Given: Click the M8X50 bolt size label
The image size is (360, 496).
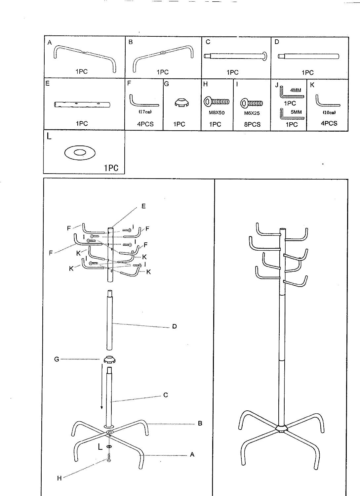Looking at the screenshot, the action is click(x=217, y=113).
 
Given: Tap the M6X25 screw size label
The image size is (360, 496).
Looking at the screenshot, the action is click(x=252, y=113).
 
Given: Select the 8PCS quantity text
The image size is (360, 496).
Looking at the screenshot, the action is click(x=252, y=124).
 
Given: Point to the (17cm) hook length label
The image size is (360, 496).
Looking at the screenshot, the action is click(x=145, y=112).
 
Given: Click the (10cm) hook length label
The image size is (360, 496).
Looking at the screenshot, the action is click(x=329, y=112).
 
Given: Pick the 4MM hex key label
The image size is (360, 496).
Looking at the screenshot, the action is click(x=296, y=90).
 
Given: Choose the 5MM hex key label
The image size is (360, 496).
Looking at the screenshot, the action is click(x=296, y=112).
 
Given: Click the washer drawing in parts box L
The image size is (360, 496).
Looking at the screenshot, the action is click(x=80, y=152).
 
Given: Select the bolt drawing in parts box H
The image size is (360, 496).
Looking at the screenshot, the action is click(x=216, y=102).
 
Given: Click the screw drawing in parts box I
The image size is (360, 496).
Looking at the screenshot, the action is click(x=252, y=103).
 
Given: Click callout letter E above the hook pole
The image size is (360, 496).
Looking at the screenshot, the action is click(x=143, y=206).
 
